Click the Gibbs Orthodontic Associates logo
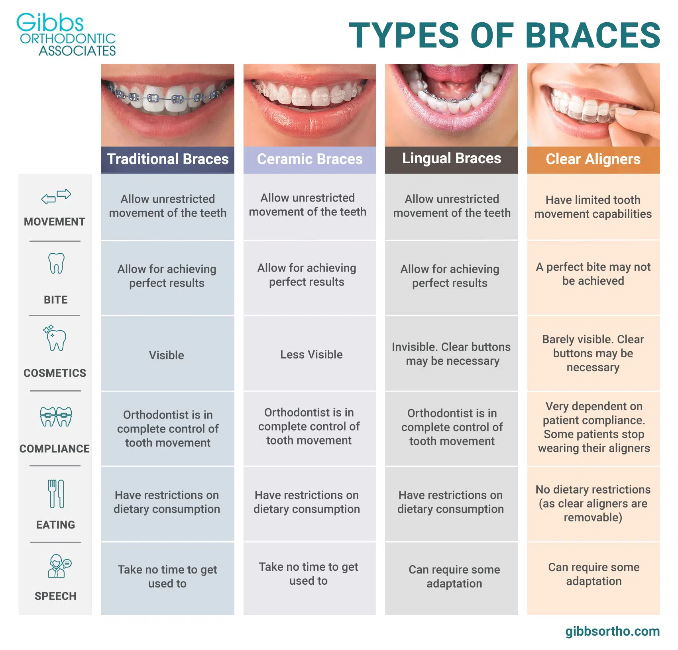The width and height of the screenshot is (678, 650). click(x=66, y=35)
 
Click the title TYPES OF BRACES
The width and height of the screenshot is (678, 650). click(x=504, y=36)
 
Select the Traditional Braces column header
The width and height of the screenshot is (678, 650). click(x=167, y=159)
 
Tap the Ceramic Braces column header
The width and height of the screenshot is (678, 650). click(x=310, y=159)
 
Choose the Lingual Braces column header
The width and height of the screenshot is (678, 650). click(x=451, y=159)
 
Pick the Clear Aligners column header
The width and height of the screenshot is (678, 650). click(x=593, y=159)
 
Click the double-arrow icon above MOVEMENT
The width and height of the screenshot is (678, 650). click(x=56, y=196)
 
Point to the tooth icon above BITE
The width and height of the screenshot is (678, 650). click(x=56, y=263)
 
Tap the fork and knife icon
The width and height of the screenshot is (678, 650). click(x=56, y=494)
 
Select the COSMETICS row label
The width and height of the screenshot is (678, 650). click(x=55, y=373)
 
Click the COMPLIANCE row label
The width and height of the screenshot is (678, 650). click(x=55, y=449)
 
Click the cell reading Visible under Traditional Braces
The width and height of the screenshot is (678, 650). click(x=167, y=355)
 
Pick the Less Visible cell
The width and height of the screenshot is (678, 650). click(x=311, y=354)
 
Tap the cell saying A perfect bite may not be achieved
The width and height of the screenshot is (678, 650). click(x=593, y=274)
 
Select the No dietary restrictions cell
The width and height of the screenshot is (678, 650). click(x=593, y=503)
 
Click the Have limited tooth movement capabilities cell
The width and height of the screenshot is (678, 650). click(x=593, y=207)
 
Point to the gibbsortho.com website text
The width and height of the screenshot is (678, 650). click(x=612, y=631)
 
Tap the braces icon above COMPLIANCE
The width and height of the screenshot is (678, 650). click(x=56, y=417)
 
